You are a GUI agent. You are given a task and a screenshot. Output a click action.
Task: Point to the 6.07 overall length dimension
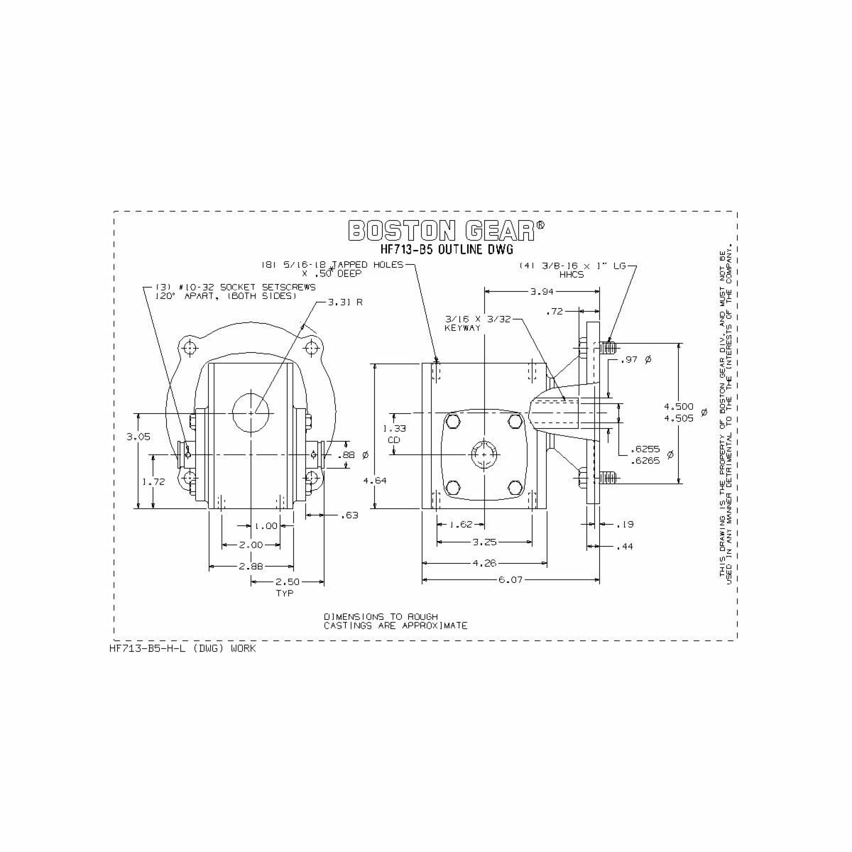pyautogui.click(x=510, y=580)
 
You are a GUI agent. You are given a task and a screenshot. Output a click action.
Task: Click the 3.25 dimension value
pyautogui.click(x=484, y=542)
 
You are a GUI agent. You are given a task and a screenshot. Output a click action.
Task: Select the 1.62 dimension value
pyautogui.click(x=461, y=525)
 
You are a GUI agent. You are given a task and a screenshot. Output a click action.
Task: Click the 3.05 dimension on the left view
pyautogui.click(x=138, y=437)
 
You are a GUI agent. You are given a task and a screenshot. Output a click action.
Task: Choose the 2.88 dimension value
pyautogui.click(x=251, y=567)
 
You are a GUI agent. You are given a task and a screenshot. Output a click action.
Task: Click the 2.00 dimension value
pyautogui.click(x=251, y=545)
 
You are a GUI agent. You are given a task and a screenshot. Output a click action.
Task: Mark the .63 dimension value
pyautogui.click(x=349, y=515)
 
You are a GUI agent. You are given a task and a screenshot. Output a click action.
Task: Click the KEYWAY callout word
pyautogui.click(x=462, y=329)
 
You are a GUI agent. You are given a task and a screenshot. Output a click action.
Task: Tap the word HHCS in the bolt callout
pyautogui.click(x=571, y=275)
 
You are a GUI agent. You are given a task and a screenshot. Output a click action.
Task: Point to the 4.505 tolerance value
pyautogui.click(x=678, y=419)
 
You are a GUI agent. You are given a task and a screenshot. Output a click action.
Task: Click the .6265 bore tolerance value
pyautogui.click(x=645, y=460)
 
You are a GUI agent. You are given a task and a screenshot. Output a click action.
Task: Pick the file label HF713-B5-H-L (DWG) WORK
pyautogui.click(x=182, y=648)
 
